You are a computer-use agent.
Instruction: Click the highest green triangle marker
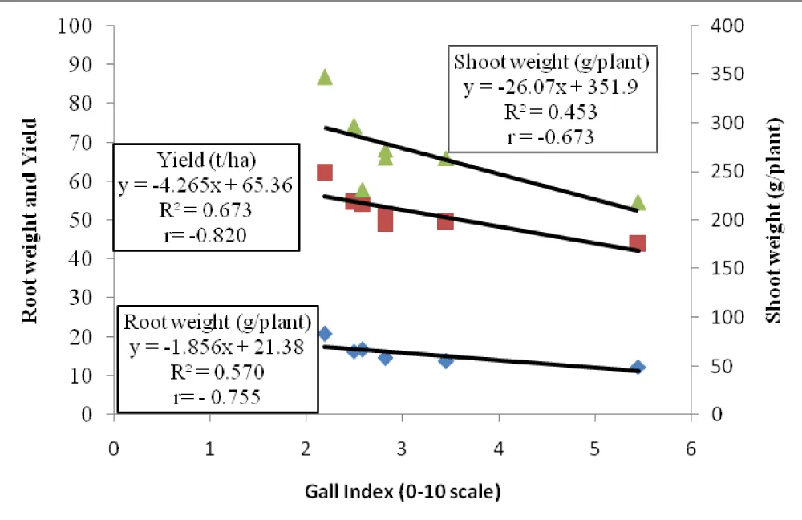pyautogui.click(x=325, y=77)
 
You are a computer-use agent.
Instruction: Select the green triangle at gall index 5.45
pyautogui.click(x=638, y=202)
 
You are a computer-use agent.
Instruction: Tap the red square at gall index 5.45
pyautogui.click(x=638, y=243)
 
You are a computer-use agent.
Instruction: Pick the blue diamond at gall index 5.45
pyautogui.click(x=638, y=368)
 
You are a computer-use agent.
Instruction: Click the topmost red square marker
pyautogui.click(x=325, y=173)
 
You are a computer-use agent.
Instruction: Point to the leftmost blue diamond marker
pyautogui.click(x=325, y=334)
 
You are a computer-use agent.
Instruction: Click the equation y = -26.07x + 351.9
pyautogui.click(x=551, y=87)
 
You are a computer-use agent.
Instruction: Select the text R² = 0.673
pyautogui.click(x=207, y=211)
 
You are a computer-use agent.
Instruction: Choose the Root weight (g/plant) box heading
pyautogui.click(x=217, y=323)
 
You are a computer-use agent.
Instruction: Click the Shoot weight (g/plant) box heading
pyautogui.click(x=551, y=62)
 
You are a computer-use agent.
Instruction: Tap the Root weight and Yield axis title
pyautogui.click(x=30, y=220)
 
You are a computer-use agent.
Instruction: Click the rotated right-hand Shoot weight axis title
pyautogui.click(x=773, y=220)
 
